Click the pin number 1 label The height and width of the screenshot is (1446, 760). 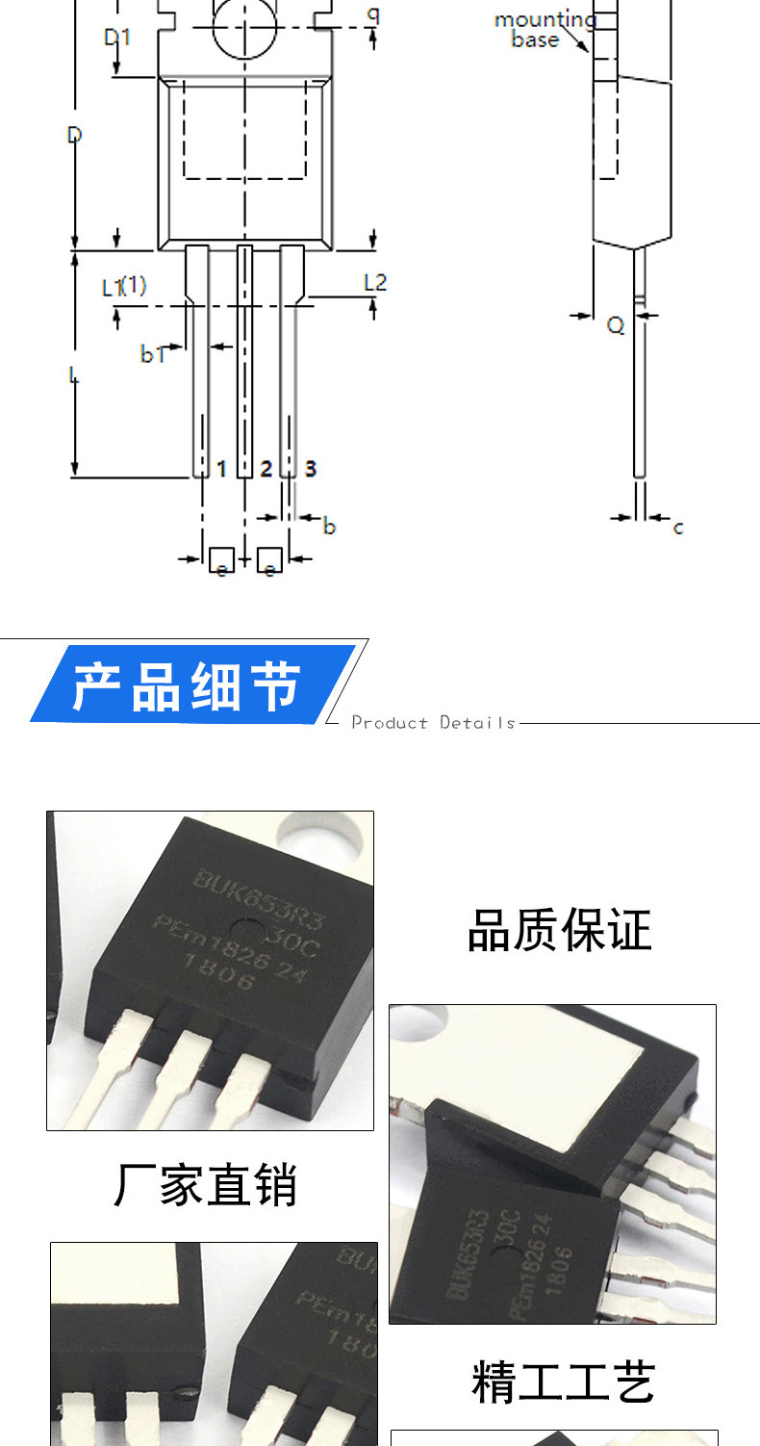tap(221, 469)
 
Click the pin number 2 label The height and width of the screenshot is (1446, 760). tap(266, 469)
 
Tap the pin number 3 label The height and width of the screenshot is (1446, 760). tap(310, 469)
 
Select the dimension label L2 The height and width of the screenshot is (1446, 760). tap(374, 283)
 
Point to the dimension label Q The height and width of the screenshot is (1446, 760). tap(616, 326)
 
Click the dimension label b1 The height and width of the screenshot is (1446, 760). tap(154, 354)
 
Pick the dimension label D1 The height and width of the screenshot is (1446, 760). tap(117, 38)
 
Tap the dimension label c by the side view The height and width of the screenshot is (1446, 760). tap(678, 528)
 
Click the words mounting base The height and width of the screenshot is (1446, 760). tap(543, 30)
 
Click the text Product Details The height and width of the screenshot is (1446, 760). tap(433, 722)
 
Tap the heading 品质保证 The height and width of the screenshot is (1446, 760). tap(559, 930)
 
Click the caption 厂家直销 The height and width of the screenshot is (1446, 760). tap(206, 1184)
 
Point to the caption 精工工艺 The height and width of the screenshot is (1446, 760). tap(563, 1382)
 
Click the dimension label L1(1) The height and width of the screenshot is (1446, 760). tap(124, 286)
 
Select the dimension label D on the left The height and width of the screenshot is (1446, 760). tap(74, 135)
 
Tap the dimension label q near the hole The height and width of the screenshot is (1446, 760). tap(373, 14)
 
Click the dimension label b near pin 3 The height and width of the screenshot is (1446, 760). tap(329, 527)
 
